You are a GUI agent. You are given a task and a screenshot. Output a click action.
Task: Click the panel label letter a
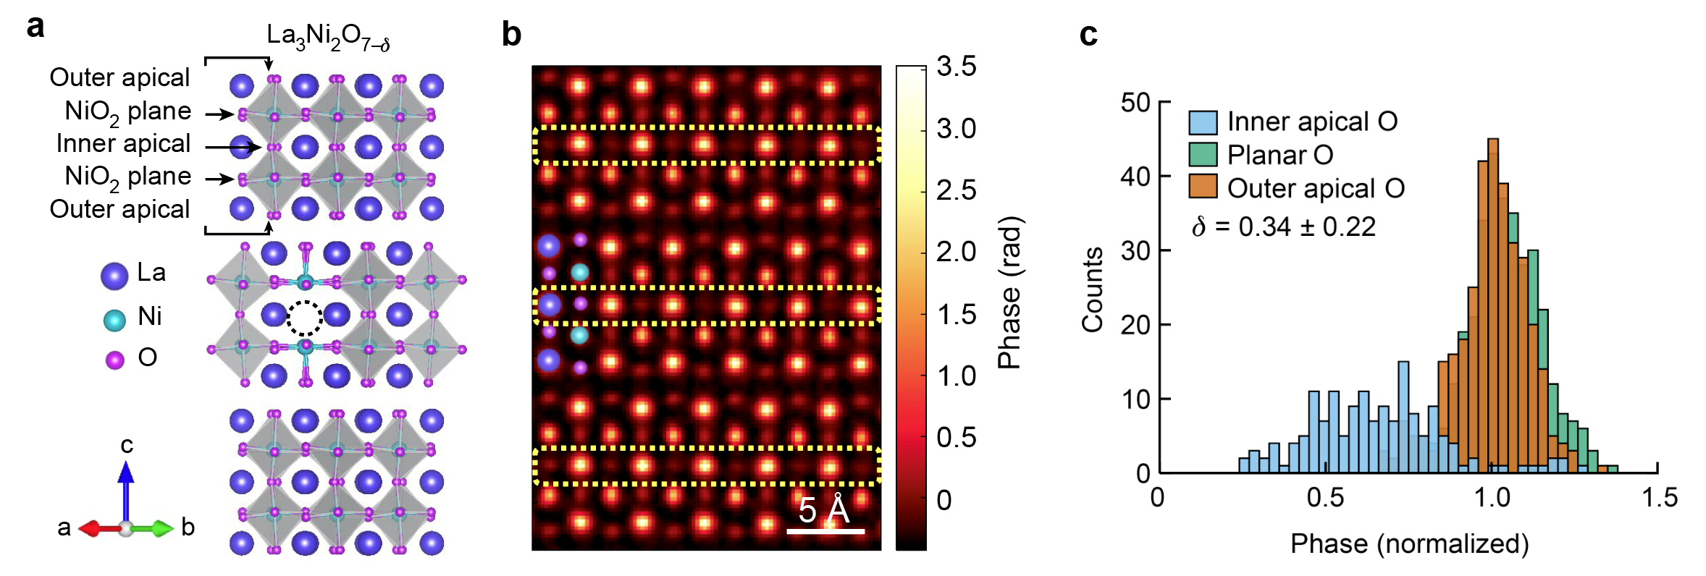coord(35,27)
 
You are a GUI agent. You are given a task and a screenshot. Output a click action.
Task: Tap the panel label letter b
coord(511,35)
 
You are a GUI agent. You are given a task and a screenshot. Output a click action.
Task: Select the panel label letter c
coord(1088,35)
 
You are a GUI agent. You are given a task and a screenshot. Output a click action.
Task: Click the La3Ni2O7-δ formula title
coord(328,36)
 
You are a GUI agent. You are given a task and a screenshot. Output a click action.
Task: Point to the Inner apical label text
coord(123,143)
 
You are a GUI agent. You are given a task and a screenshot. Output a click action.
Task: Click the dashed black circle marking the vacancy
coord(305,318)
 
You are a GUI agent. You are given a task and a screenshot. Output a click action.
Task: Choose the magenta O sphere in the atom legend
coord(115,360)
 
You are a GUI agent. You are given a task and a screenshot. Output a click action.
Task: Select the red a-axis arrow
coord(98,529)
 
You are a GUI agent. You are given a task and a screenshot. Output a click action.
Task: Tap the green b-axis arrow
coord(154,529)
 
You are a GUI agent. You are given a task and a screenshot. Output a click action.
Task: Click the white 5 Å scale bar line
coord(825,531)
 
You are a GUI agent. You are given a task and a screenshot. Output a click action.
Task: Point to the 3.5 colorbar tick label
coord(956,67)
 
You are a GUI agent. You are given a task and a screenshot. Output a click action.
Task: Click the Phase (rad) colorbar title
coord(1009,293)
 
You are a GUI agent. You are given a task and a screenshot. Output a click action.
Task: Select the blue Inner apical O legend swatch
coord(1203,122)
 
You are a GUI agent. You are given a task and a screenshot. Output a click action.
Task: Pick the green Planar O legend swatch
coord(1203,155)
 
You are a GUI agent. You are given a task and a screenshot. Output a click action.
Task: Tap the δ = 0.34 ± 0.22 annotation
coord(1284,227)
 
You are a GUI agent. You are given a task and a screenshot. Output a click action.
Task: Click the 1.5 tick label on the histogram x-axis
coord(1659,498)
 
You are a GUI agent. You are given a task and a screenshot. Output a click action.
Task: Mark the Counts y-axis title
coord(1092,289)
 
